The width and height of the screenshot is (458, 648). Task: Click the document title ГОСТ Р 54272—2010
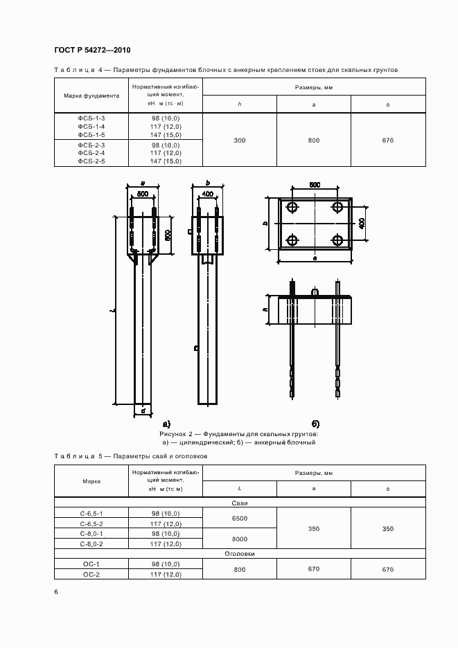coord(92,51)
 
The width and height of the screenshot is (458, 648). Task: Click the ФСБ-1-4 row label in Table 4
coord(91,127)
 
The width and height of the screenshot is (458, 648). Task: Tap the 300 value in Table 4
coord(240,141)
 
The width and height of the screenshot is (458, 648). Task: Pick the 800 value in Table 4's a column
coord(314,141)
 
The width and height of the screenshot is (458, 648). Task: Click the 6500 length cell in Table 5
coord(240,518)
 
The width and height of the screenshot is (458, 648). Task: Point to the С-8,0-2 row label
coord(91,544)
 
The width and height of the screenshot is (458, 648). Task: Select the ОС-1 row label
coord(91,565)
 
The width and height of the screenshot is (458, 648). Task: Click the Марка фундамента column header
coord(91,96)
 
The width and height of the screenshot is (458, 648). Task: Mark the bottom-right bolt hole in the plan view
coord(337,240)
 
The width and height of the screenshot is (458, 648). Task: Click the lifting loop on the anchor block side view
coord(315,293)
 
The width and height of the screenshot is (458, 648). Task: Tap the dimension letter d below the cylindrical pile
coord(143,411)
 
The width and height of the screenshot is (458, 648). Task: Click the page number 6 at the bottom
coord(56,592)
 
